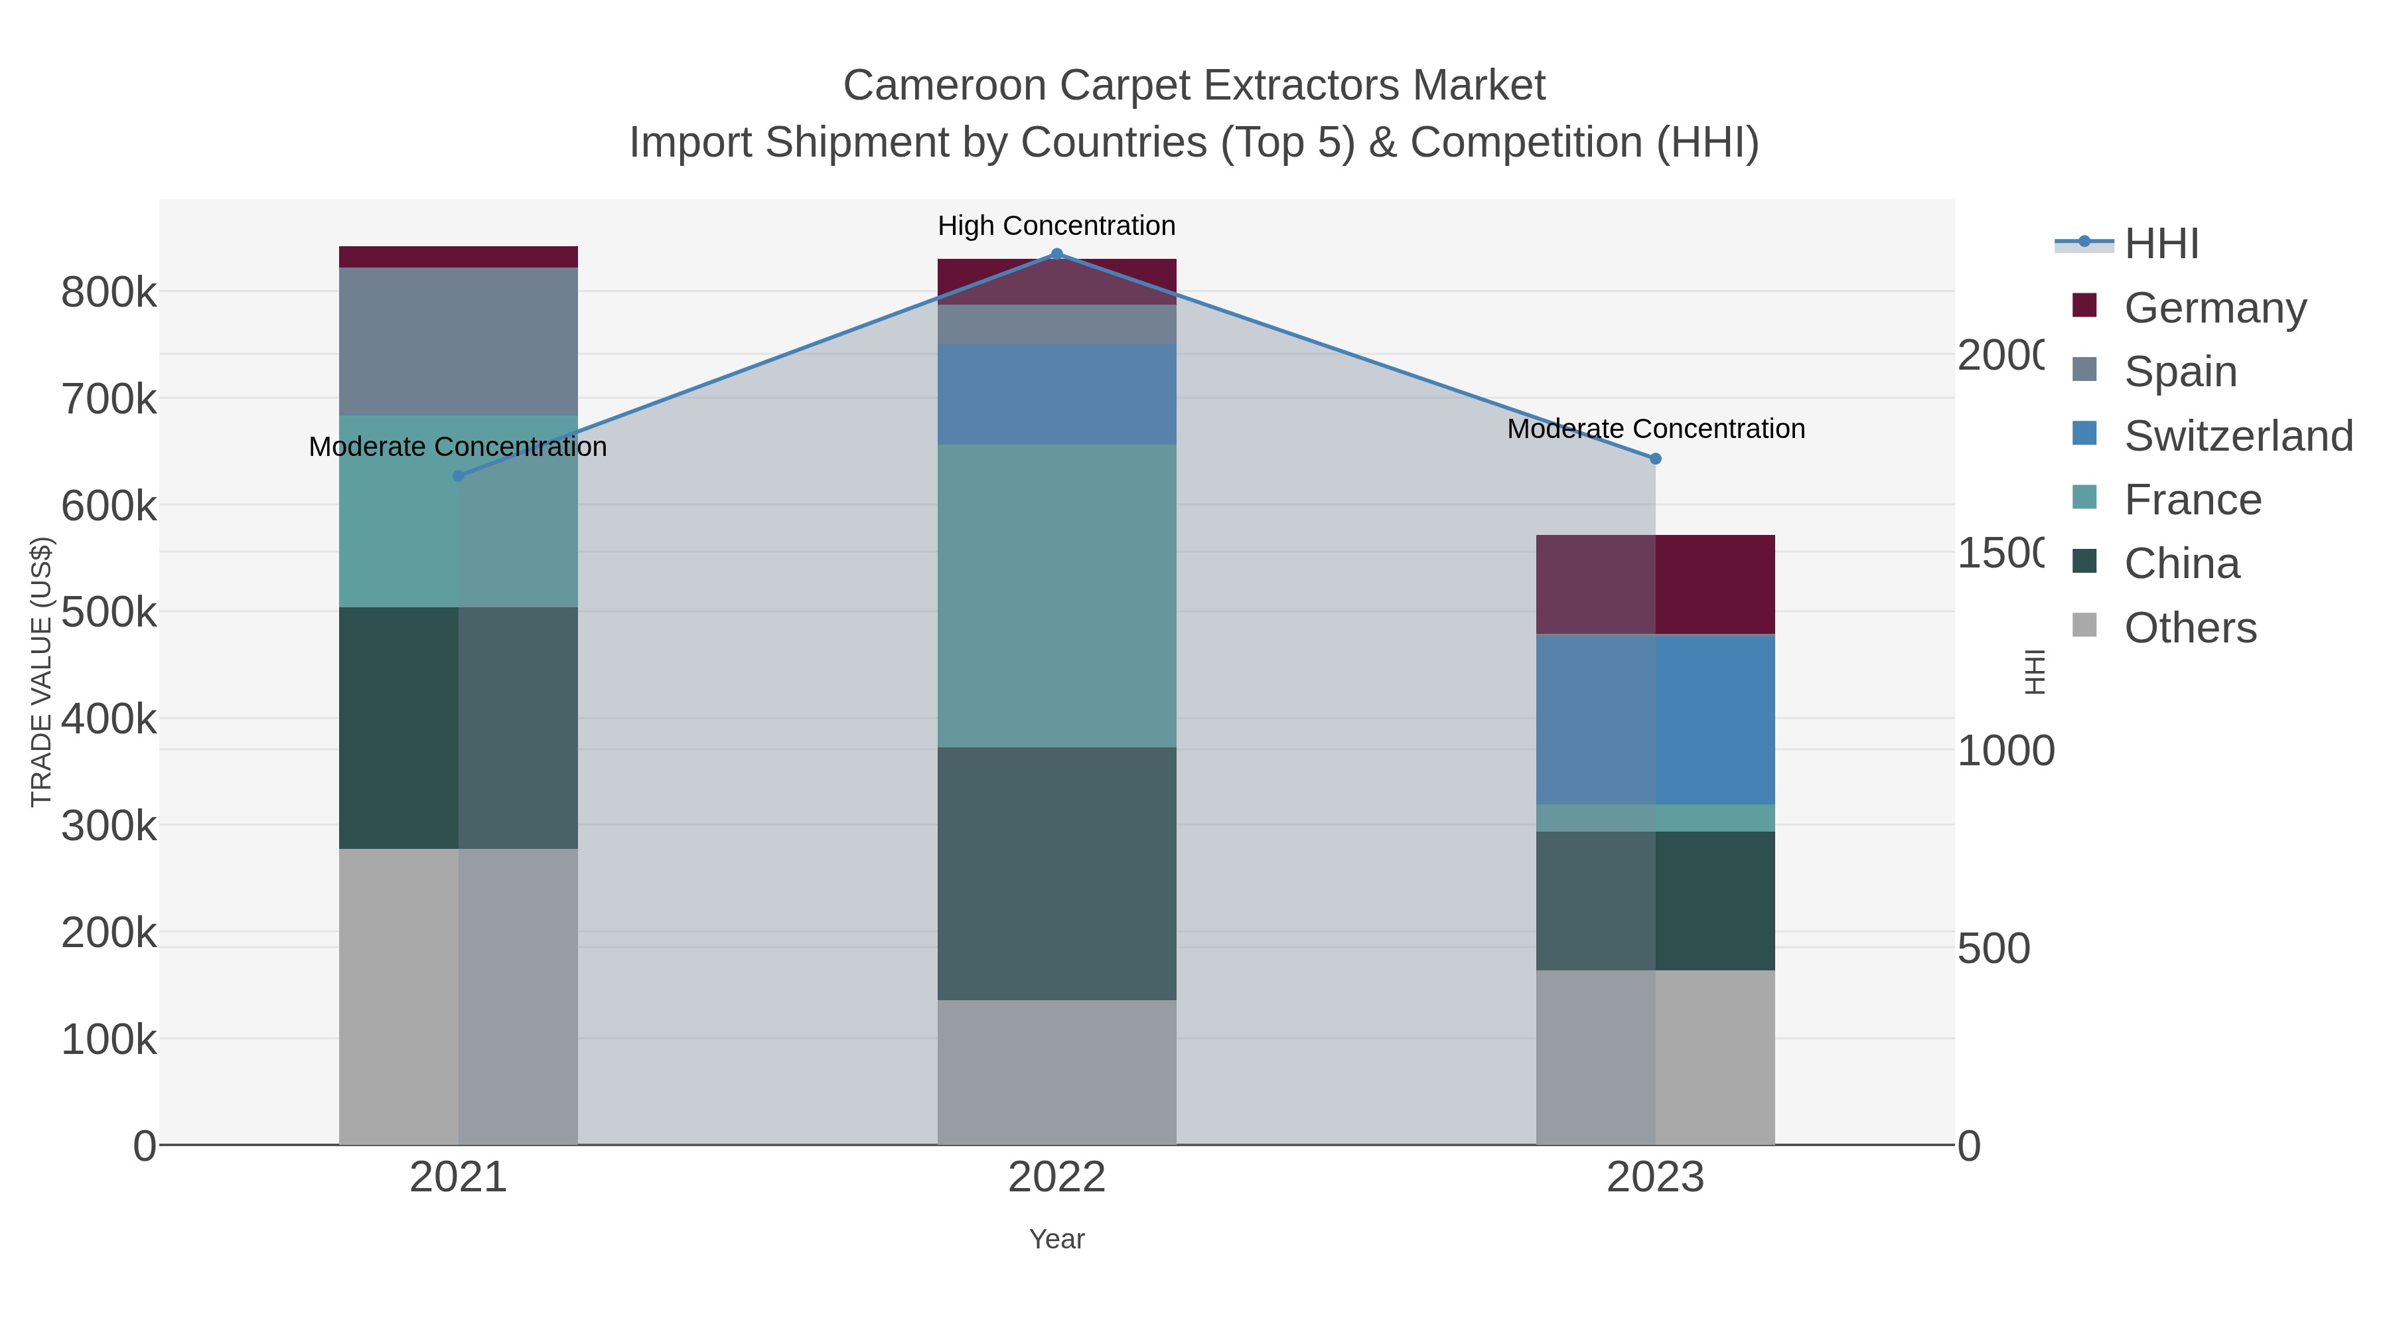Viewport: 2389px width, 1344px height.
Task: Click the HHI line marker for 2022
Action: [x=1056, y=254]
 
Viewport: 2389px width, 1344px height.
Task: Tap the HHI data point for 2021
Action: [x=458, y=476]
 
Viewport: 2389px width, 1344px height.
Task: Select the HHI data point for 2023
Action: [x=1656, y=458]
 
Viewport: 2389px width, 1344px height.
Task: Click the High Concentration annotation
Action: [x=1056, y=226]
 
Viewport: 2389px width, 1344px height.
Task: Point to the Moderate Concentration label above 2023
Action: [x=1656, y=429]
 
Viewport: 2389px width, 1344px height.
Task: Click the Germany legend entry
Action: [x=2214, y=307]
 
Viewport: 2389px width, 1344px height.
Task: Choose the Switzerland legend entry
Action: [x=2238, y=435]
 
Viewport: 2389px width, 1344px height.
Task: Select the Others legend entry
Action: [x=2190, y=628]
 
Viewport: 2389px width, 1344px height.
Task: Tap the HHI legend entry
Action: [x=2161, y=243]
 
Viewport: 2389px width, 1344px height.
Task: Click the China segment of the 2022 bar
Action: [x=1056, y=873]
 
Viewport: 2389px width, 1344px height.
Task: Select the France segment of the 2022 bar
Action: [x=1056, y=595]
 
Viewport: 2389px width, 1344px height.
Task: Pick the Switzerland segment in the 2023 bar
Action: [x=1656, y=719]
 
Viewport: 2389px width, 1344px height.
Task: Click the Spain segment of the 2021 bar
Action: [x=458, y=340]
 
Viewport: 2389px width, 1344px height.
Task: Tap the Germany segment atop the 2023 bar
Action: [x=1656, y=584]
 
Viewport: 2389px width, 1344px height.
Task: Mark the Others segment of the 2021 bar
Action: [x=458, y=996]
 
